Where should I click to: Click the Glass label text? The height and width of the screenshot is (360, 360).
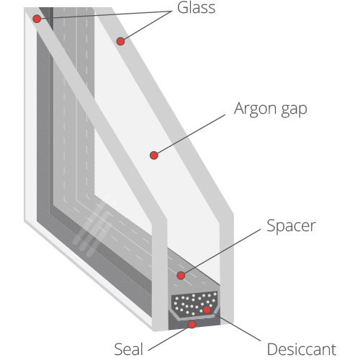coord(196,8)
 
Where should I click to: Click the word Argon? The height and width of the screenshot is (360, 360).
coord(256,109)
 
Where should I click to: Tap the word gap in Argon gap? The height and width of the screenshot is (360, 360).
coord(294,110)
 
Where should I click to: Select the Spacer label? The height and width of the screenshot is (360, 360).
coord(291,226)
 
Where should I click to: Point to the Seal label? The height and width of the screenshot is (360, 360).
coord(129,349)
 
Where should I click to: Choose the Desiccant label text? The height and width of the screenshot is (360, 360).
coord(302,349)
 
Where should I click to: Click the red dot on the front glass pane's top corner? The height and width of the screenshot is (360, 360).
coord(37,19)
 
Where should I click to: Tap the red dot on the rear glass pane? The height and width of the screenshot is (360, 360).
coord(120,41)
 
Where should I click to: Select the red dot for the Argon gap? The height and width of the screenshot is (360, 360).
coord(154,156)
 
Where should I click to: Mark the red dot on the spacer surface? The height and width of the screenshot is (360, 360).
coord(181,275)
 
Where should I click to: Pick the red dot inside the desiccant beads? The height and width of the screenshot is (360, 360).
coord(207,310)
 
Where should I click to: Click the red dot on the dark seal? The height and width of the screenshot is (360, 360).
coord(192,325)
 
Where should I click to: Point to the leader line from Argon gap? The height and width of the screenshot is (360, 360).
coord(191,134)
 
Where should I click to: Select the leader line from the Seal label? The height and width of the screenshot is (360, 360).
coord(168,338)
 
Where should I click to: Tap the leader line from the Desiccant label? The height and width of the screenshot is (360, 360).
coord(235,325)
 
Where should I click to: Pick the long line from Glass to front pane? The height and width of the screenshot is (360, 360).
coord(106,14)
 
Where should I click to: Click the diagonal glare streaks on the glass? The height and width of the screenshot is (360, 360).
coord(95,225)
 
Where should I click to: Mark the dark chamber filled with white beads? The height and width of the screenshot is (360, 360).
coord(195,304)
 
